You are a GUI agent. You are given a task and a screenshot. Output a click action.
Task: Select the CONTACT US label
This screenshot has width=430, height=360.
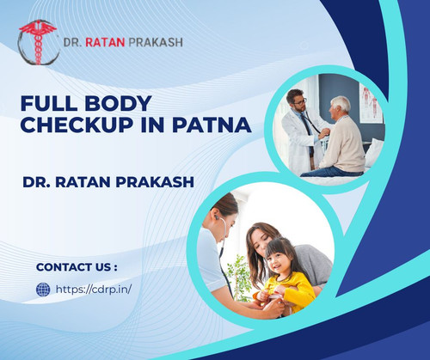tap(77, 265)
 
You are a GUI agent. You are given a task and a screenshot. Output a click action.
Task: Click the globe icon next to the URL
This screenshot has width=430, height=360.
tap(43, 290)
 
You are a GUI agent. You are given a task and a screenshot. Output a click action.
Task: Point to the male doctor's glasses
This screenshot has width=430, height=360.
tap(298, 102)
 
